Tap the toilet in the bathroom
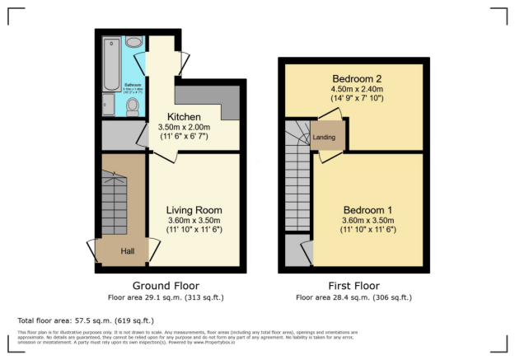coord(132,106)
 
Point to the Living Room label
coord(194,210)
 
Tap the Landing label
coord(324,137)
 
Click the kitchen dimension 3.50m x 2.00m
coord(184,128)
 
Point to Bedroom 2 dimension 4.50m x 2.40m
coord(357,89)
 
